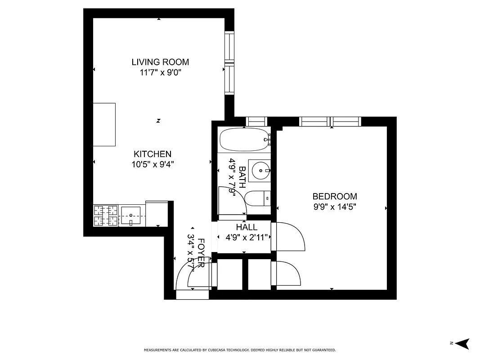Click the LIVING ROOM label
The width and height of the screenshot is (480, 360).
(x=160, y=62)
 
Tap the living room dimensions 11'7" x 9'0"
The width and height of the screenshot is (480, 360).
(x=160, y=72)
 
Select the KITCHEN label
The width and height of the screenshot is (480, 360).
(x=153, y=154)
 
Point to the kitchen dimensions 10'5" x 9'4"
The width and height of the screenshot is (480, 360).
(x=153, y=164)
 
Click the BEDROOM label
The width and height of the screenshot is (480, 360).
(x=335, y=197)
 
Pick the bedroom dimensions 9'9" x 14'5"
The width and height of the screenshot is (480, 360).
(x=335, y=207)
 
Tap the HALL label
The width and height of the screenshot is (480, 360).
(x=247, y=228)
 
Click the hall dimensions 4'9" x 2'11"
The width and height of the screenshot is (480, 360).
(x=247, y=237)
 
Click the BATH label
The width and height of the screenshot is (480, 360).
(x=242, y=177)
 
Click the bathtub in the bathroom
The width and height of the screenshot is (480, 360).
(x=243, y=140)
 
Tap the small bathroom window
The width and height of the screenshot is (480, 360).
(x=257, y=121)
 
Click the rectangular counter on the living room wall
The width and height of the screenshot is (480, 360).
(x=104, y=125)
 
